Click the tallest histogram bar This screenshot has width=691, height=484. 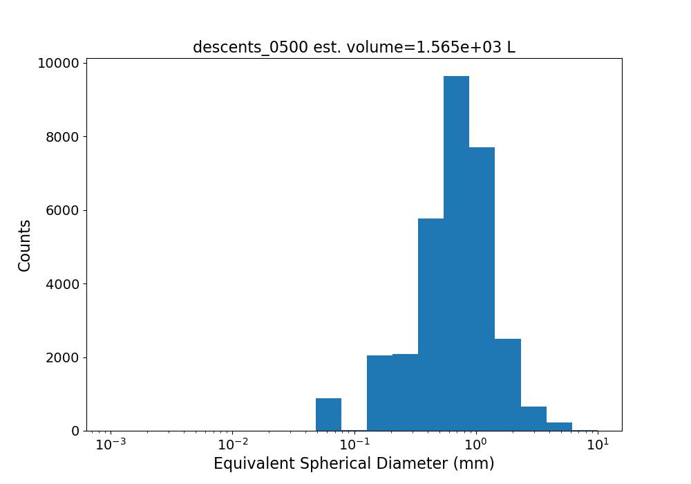(x=456, y=254)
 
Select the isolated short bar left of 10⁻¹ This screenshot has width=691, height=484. (x=329, y=414)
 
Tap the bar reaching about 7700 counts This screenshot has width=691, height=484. (x=482, y=289)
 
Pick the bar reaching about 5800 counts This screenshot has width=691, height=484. (x=431, y=324)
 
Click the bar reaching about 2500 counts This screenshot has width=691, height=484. (x=508, y=385)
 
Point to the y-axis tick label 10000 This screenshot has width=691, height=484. (x=59, y=64)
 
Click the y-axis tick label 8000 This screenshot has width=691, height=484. (x=63, y=137)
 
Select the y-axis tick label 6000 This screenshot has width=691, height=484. (x=63, y=211)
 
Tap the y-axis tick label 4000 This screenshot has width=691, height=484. (x=63, y=284)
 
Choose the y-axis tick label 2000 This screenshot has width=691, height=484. (x=63, y=357)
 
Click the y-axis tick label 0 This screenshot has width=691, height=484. (x=75, y=431)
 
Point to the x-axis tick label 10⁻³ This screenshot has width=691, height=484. (x=111, y=445)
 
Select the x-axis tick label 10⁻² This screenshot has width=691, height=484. (x=232, y=445)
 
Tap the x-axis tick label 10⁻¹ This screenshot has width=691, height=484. (x=354, y=445)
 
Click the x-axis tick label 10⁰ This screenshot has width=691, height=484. (x=476, y=445)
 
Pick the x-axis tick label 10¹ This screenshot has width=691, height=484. (x=598, y=445)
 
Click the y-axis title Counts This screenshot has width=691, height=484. (x=24, y=245)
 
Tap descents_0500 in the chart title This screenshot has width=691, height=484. (x=250, y=47)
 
